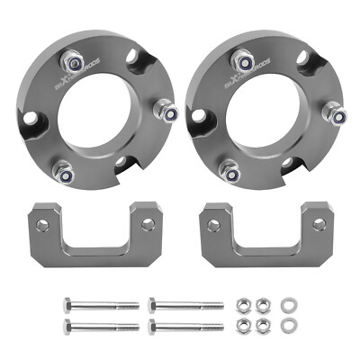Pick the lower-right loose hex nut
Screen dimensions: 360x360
[x=264, y=323]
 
